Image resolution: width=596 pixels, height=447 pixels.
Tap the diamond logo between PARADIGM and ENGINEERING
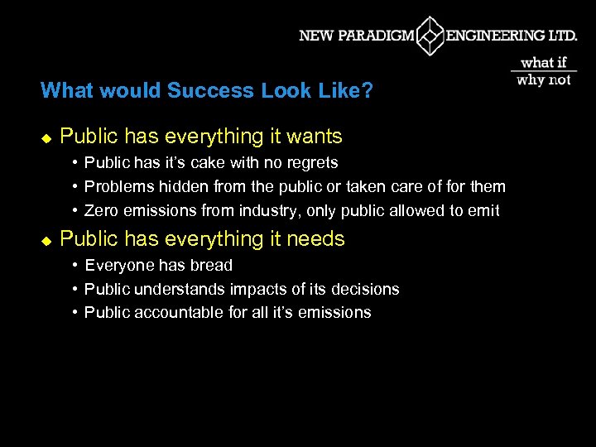click(x=430, y=36)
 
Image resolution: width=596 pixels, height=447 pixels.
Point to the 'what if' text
click(x=544, y=63)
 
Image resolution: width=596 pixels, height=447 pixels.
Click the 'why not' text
click(x=544, y=79)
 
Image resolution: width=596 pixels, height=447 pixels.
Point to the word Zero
click(x=101, y=210)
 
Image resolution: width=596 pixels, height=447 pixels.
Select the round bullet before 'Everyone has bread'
click(x=74, y=265)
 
